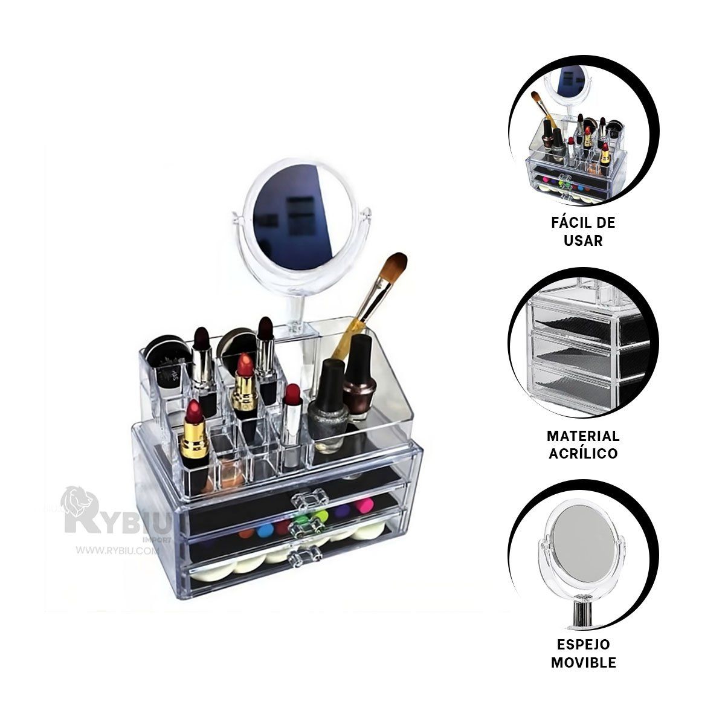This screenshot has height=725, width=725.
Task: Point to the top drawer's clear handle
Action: pyautogui.click(x=310, y=499)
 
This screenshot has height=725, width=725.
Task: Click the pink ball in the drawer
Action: pyautogui.click(x=364, y=506)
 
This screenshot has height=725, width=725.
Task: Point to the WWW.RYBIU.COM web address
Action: pyautogui.click(x=116, y=550)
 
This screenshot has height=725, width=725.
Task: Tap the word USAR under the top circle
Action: pyautogui.click(x=583, y=240)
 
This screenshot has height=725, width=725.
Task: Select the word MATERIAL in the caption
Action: pyautogui.click(x=583, y=436)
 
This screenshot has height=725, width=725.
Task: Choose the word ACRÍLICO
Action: pyautogui.click(x=583, y=453)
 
